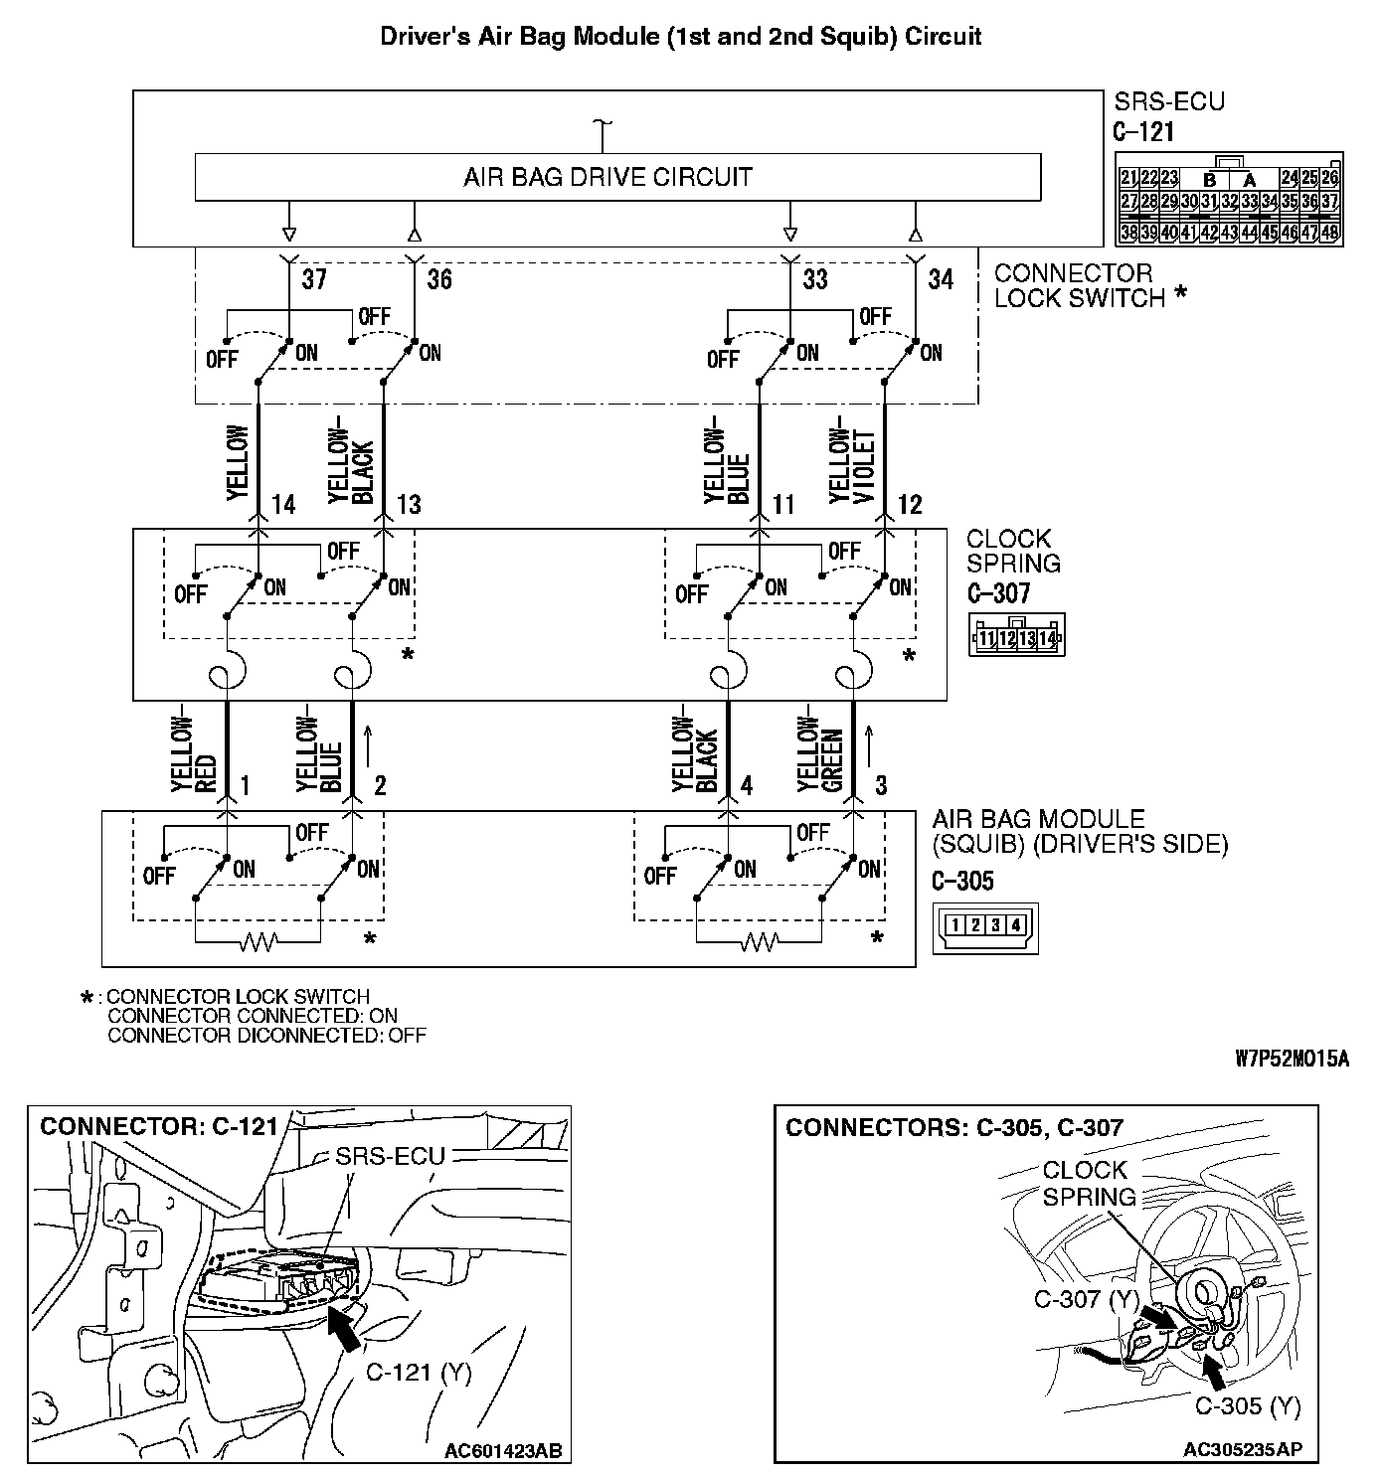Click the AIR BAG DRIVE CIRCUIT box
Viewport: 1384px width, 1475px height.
pos(616,178)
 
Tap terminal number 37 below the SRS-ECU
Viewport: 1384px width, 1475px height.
pos(314,279)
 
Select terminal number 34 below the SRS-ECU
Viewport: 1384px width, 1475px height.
pos(940,279)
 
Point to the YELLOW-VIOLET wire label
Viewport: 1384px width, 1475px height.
pos(853,466)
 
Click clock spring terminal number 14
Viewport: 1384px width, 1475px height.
pos(283,505)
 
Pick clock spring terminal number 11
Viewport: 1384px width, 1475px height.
pos(784,505)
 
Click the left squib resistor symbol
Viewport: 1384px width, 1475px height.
pos(258,941)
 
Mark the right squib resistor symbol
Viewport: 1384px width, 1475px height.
pos(759,941)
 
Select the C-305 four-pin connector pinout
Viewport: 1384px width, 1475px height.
pos(984,926)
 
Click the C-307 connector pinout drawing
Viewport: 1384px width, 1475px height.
pos(1016,636)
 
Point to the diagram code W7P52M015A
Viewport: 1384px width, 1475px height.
pos(1293,1060)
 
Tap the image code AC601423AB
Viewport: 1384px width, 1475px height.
pos(502,1451)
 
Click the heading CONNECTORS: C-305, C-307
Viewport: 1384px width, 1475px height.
pos(954,1127)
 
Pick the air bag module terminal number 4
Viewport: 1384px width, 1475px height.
pos(746,786)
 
